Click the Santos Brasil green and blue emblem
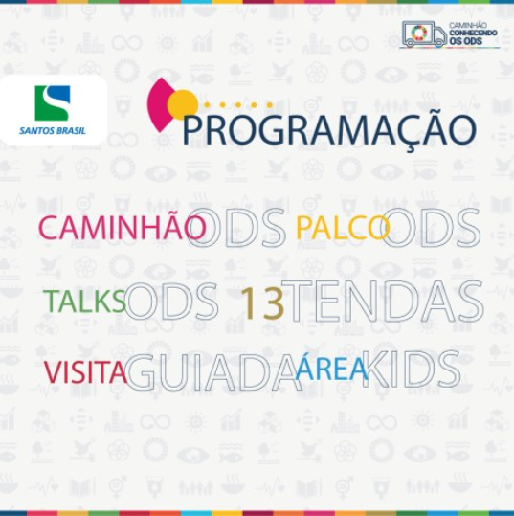point(53,103)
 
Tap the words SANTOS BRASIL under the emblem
point(53,131)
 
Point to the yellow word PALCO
point(343,228)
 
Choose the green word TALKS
point(85,301)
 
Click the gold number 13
point(262,303)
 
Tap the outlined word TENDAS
point(382,302)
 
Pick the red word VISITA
point(85,372)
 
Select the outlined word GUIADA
point(213,372)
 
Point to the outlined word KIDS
point(411,370)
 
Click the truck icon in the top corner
point(424,34)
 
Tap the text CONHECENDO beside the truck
point(473,34)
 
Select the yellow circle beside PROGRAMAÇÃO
point(182,104)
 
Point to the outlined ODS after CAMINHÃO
point(235,228)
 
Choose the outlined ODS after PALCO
point(431,228)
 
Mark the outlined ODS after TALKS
point(171,302)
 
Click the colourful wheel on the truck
point(419,33)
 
